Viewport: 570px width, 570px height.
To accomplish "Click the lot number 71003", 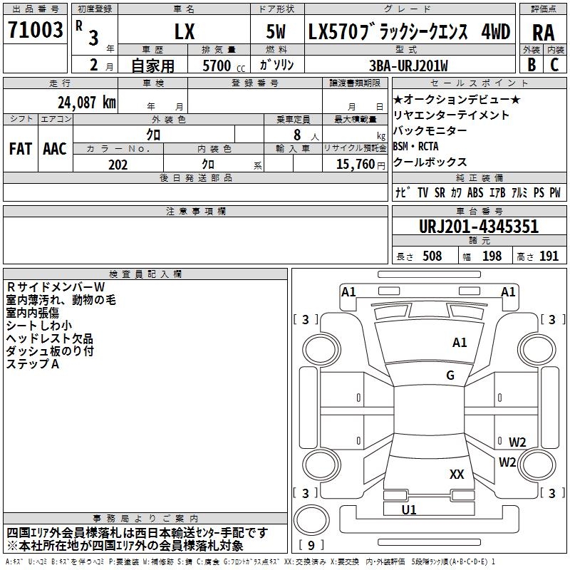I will (x=35, y=31).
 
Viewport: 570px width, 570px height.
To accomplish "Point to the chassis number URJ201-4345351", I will (x=480, y=227).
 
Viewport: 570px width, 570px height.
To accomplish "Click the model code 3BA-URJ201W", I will (x=414, y=66).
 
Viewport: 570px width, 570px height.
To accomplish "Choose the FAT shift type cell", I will (x=20, y=148).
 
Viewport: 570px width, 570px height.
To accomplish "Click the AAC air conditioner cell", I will (x=54, y=148).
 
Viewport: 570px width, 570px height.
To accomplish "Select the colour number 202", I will (x=118, y=165).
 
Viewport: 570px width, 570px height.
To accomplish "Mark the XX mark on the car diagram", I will (x=457, y=474).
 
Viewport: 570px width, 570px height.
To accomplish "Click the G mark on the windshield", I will (x=450, y=375).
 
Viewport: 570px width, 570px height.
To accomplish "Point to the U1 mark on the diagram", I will (x=409, y=509).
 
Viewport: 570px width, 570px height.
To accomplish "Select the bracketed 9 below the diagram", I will (x=311, y=546).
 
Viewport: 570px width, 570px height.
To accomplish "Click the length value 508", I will (x=432, y=256).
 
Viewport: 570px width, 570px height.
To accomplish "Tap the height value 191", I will (x=549, y=256).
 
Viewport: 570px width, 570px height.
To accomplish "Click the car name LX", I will (x=184, y=32).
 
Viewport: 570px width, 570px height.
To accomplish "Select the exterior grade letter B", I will (x=531, y=65).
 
